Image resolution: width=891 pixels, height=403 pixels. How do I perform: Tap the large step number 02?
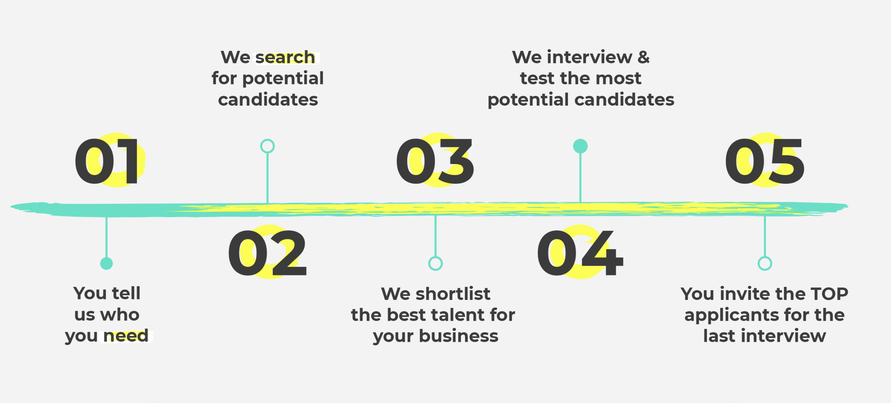point(267,253)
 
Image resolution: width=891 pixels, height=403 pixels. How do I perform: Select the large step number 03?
point(435,161)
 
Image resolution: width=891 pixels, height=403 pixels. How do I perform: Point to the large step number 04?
point(580,253)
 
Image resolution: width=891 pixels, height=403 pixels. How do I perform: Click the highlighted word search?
point(285,57)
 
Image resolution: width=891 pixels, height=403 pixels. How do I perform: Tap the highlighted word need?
point(126,336)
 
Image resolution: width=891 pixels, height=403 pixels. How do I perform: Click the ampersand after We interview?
point(644,57)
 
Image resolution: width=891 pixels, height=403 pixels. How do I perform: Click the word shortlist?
point(453,294)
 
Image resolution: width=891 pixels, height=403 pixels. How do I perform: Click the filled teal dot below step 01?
point(106,263)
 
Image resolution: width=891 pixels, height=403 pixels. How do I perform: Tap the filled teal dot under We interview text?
point(580,146)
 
